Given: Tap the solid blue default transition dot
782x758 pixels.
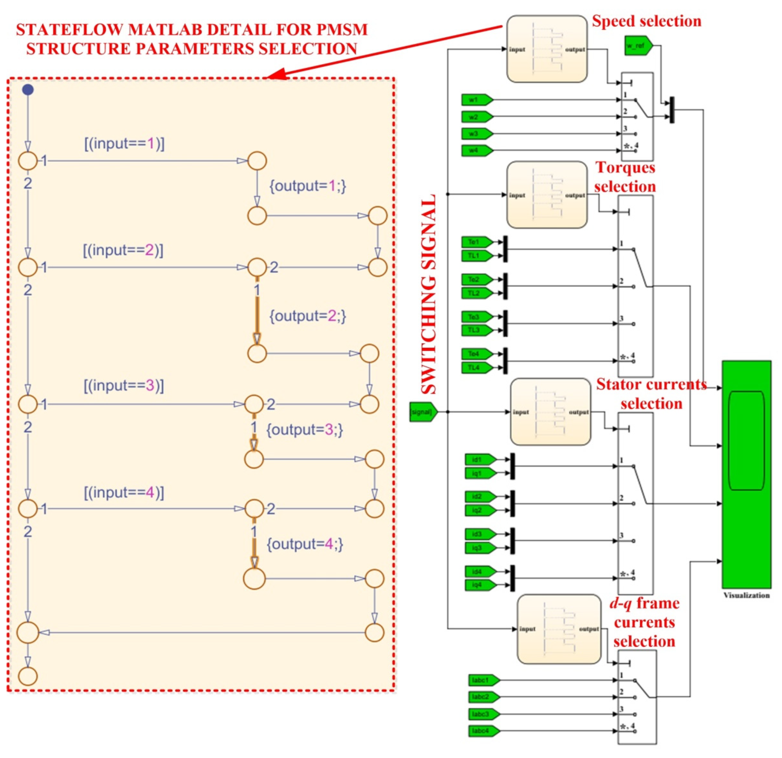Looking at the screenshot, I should [x=27, y=90].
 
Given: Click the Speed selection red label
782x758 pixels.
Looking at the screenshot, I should [x=646, y=21].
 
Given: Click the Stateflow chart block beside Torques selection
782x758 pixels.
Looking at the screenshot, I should [x=547, y=195].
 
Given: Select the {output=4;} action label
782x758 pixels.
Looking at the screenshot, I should [x=304, y=544].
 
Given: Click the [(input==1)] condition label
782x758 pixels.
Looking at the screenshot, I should [x=124, y=144].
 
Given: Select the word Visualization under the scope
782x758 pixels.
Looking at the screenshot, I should [x=746, y=595].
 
